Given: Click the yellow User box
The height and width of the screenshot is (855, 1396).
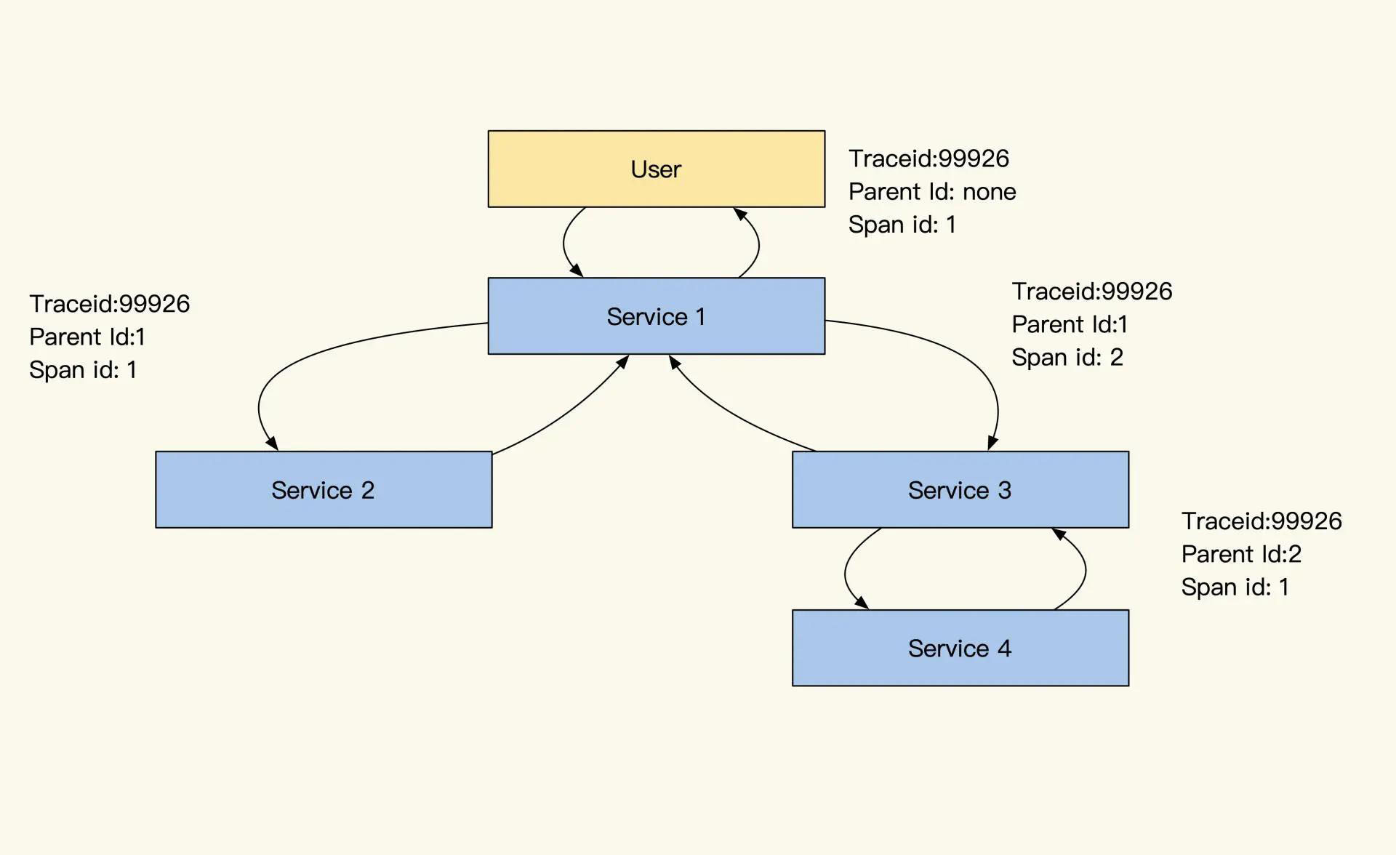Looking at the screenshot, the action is coord(656,169).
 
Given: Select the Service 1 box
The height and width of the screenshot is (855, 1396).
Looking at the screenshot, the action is coord(656,316).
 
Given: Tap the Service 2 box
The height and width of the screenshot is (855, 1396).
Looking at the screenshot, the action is coord(324,489).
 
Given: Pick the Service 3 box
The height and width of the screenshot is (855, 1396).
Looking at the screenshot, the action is coord(960,489).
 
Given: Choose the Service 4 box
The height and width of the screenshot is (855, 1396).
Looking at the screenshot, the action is coord(960,648).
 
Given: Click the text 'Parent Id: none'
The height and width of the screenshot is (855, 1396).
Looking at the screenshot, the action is coord(932,192).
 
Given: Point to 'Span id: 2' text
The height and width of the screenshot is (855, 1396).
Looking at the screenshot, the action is coord(1067,358).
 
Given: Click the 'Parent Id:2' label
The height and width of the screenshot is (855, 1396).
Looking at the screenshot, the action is coord(1241,554).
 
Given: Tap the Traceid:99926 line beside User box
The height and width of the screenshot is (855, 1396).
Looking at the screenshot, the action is coord(928,158).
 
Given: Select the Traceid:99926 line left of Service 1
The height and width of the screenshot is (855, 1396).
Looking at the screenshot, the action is coord(109,304).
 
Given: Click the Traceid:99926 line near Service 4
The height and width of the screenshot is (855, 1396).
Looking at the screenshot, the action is coord(1261,521).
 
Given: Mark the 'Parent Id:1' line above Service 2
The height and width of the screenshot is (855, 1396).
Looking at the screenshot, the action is coord(87,337).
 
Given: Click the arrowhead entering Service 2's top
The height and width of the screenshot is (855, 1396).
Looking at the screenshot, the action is coord(272,443).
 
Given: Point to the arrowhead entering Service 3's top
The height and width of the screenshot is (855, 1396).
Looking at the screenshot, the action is coord(992,443).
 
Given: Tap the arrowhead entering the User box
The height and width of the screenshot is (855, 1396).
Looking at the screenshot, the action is coord(739,214).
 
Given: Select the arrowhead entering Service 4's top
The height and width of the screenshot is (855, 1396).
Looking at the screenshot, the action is coord(862,602).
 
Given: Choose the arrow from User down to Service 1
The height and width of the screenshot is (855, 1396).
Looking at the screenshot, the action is coord(564,243).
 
